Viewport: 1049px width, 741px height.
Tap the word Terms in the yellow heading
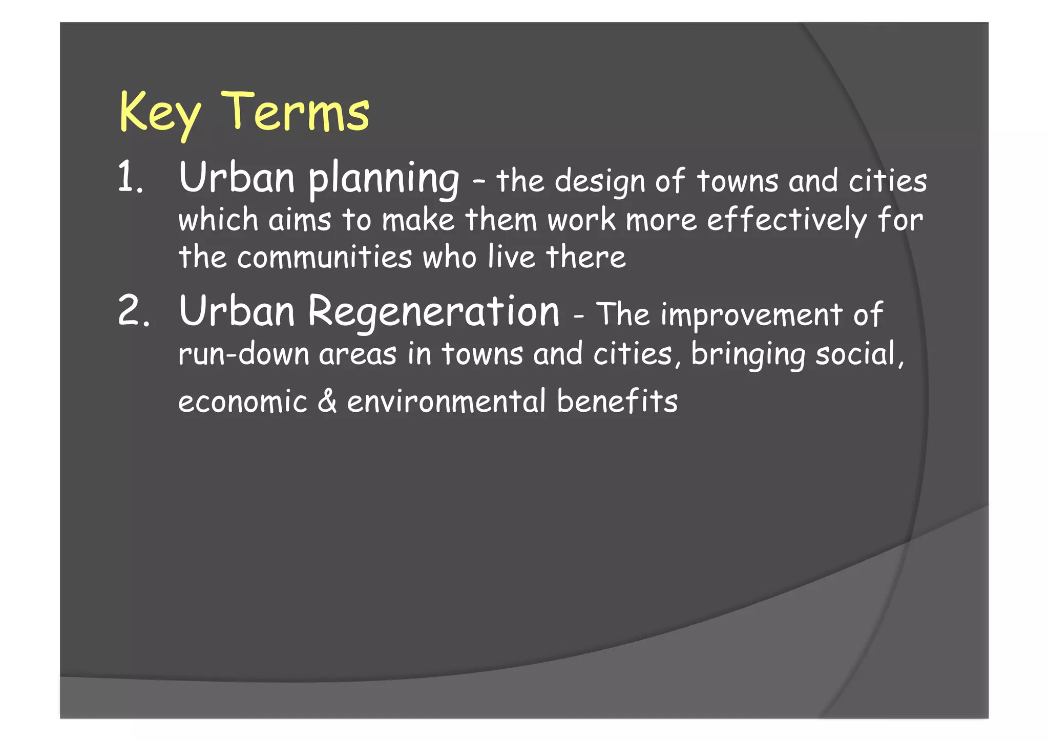click(296, 111)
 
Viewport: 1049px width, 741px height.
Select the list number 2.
click(133, 311)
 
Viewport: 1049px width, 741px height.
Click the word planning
click(384, 179)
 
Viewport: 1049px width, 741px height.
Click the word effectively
click(787, 220)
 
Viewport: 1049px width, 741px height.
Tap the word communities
click(324, 257)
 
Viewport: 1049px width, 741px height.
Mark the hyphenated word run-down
click(243, 354)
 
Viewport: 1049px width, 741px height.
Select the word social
click(859, 353)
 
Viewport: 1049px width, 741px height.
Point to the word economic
click(242, 401)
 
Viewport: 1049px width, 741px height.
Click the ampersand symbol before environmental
click(327, 400)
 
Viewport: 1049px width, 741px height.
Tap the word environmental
click(447, 401)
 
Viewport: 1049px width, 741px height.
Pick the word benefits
click(617, 400)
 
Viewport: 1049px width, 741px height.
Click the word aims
click(300, 220)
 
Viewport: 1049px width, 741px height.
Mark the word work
click(581, 220)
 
